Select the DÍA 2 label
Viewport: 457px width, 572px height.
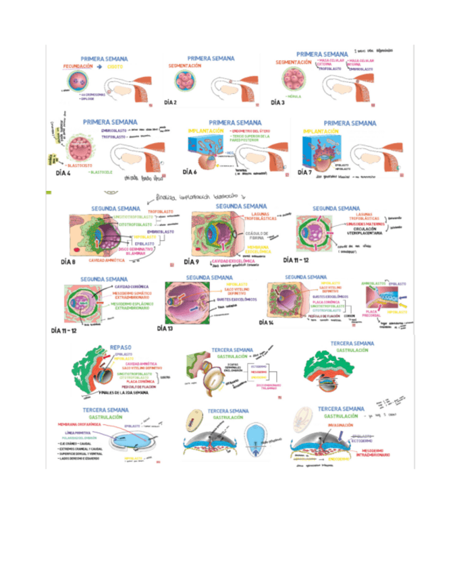(170, 103)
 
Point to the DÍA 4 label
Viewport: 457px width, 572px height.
(62, 174)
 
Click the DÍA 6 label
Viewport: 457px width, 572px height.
(190, 172)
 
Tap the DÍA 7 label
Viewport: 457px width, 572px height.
(304, 173)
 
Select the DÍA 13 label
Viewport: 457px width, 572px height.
(165, 328)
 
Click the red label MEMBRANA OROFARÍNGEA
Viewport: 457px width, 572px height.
(80, 424)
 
